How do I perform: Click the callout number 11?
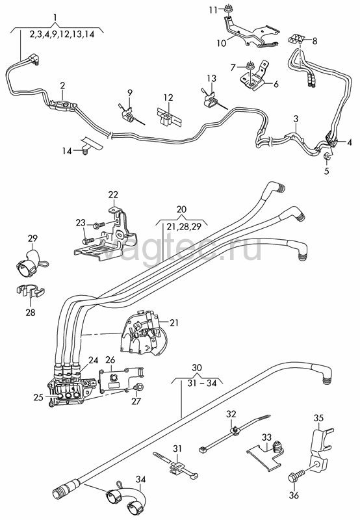213,10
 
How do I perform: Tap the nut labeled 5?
326,156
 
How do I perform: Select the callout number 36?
294,495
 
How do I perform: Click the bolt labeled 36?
297,474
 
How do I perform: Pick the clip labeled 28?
31,290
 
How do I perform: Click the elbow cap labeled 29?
31,264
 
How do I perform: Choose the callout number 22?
113,194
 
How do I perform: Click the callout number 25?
38,396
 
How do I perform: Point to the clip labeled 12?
170,117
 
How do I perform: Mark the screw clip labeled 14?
90,145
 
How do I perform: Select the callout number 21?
174,322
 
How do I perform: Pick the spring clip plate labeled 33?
265,454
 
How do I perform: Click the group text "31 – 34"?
202,383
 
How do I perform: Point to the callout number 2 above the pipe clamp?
62,86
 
